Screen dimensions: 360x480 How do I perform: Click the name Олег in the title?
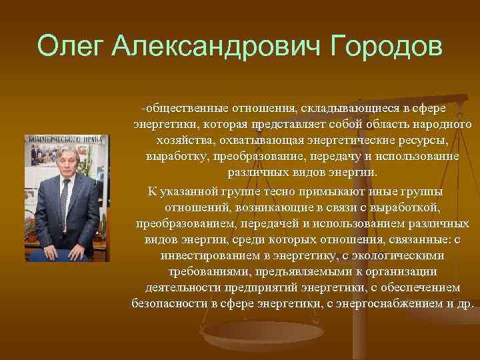71,47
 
